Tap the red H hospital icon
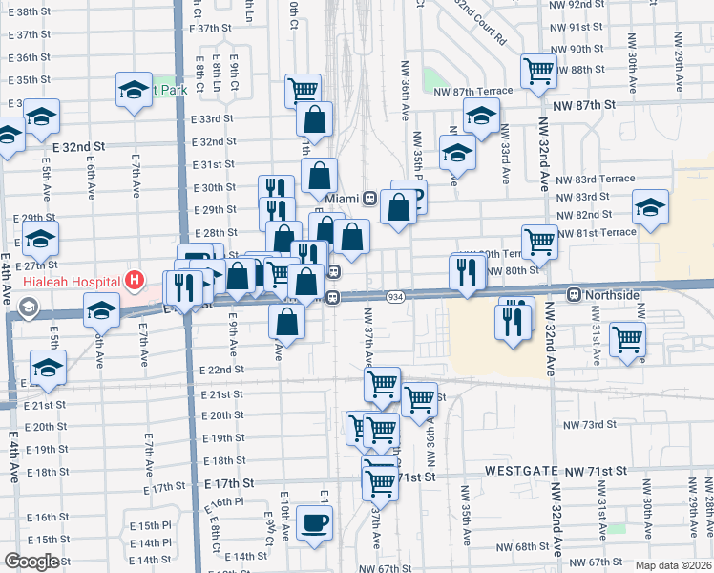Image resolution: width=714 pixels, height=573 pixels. click(135, 282)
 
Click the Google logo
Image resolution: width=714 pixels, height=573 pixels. click(31, 562)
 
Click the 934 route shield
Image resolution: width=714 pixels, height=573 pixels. click(393, 298)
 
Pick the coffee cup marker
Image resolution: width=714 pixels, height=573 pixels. click(315, 522)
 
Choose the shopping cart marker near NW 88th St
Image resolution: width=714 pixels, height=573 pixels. click(538, 70)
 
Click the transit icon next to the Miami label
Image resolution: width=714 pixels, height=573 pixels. click(368, 198)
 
